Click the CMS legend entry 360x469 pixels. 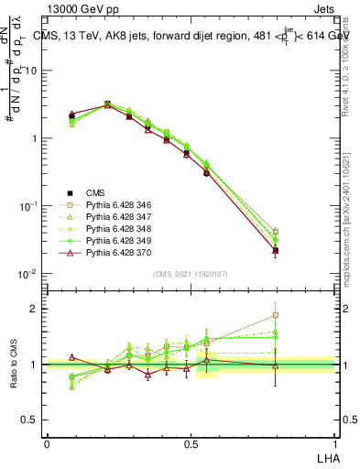tap(95, 192)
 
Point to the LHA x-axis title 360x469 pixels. tap(327, 457)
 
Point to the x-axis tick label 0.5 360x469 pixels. tap(190, 443)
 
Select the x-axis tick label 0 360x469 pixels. tap(47, 443)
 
